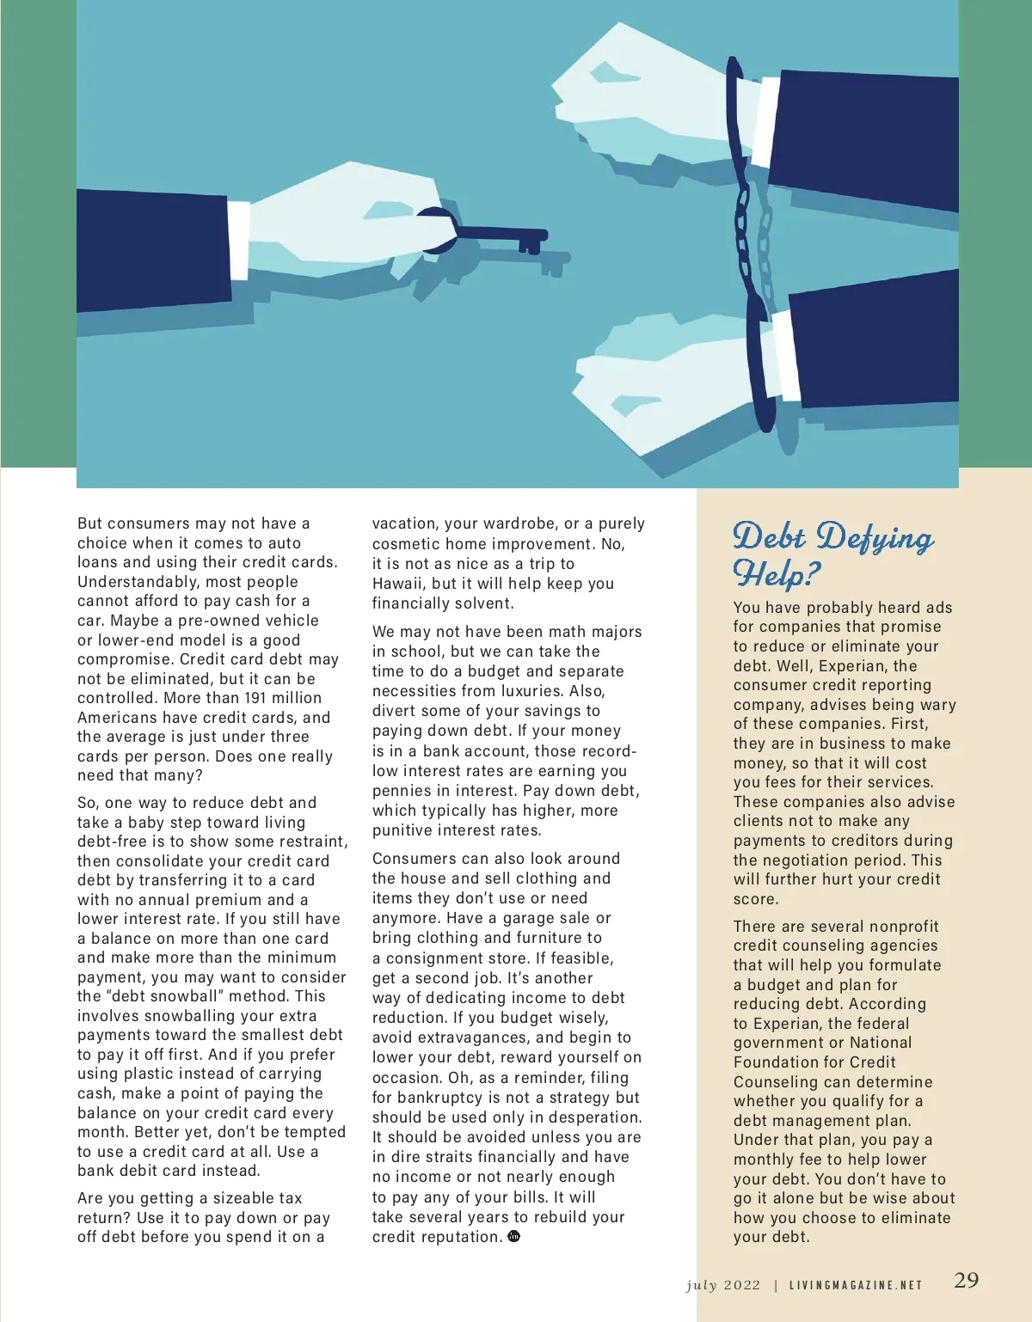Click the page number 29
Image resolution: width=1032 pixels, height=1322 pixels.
(967, 1280)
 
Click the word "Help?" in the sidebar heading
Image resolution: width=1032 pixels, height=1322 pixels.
(777, 572)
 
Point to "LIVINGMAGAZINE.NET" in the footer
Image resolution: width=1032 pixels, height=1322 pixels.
(856, 1286)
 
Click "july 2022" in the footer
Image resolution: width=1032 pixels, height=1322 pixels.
(723, 1285)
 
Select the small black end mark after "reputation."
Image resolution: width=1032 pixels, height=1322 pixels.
(514, 1236)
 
